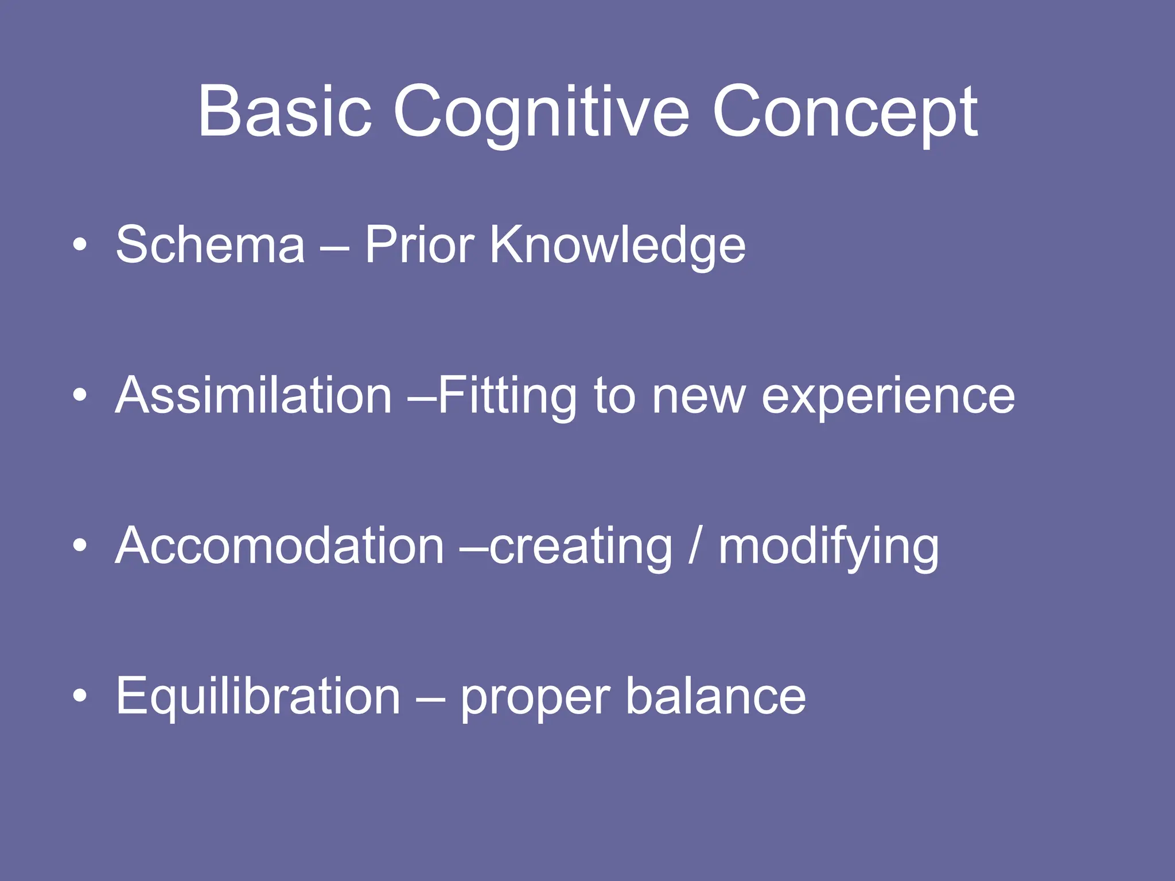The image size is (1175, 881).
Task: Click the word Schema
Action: tap(210, 245)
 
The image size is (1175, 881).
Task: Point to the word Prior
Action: tap(419, 245)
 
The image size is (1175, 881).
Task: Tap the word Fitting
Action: tap(507, 397)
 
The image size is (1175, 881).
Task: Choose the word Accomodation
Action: tap(279, 546)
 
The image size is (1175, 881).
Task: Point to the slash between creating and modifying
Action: tap(695, 546)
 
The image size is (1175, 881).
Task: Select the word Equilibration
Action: tap(258, 697)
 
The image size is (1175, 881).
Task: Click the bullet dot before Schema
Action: tap(80, 245)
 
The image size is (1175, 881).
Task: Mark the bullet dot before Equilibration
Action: tap(80, 696)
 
